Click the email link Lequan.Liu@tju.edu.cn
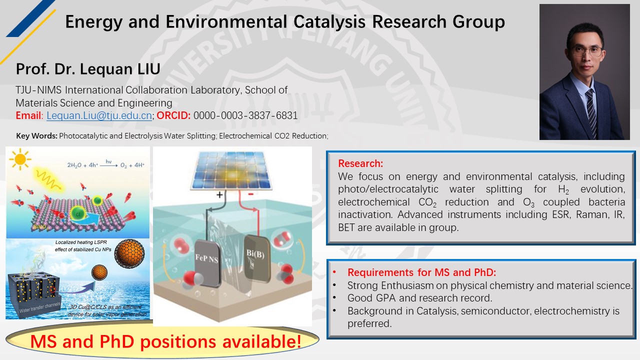[99, 115]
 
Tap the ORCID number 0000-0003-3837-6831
[245, 115]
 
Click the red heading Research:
[360, 163]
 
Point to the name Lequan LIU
[120, 69]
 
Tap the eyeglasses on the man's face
[588, 51]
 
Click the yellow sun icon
[20, 159]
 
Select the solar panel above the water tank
[231, 170]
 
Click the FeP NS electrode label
[206, 258]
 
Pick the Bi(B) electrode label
[255, 253]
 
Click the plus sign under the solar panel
[219, 195]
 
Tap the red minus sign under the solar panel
[251, 194]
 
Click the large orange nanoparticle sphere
[129, 253]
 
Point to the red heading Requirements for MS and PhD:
[421, 272]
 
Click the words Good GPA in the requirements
[371, 298]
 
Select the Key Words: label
[37, 136]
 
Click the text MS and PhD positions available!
[165, 341]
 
